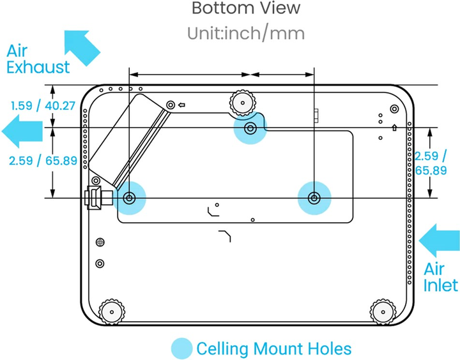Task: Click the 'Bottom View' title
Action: click(246, 8)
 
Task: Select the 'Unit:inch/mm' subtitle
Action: click(246, 33)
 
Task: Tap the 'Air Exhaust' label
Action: click(38, 59)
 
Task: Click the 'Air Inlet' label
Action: click(440, 277)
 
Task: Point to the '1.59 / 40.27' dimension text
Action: click(43, 105)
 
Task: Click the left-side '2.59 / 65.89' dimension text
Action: click(43, 161)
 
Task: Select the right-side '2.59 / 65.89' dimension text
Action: click(431, 163)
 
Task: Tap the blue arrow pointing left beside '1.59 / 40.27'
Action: click(22, 131)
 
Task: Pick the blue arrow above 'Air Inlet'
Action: click(439, 241)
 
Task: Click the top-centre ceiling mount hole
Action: click(250, 128)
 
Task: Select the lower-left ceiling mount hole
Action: click(129, 198)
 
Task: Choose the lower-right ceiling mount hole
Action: click(314, 198)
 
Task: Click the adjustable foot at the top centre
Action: click(242, 103)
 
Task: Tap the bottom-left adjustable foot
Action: click(111, 312)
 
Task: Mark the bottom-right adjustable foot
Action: click(383, 312)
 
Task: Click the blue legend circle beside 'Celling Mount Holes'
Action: click(182, 349)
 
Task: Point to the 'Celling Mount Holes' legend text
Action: click(274, 349)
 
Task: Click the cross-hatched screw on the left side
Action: click(100, 242)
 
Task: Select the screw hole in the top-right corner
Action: click(395, 109)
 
